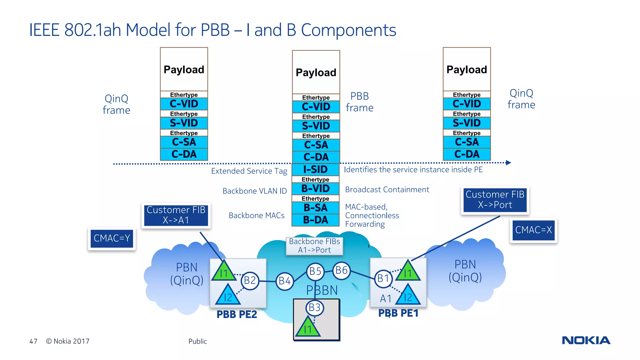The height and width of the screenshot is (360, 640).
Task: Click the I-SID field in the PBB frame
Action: click(x=315, y=169)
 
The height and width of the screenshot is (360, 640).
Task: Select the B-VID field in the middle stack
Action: click(x=315, y=188)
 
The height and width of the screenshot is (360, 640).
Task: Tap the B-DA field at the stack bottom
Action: click(x=315, y=220)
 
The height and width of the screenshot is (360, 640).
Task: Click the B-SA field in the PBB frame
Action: click(x=315, y=207)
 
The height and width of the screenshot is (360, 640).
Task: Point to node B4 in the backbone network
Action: click(x=284, y=281)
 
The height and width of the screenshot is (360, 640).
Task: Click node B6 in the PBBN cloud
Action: click(x=341, y=270)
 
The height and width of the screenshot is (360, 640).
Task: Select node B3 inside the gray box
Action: click(x=314, y=307)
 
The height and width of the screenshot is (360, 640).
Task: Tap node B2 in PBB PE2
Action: click(x=250, y=280)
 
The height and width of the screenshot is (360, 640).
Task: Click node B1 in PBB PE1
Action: click(x=383, y=278)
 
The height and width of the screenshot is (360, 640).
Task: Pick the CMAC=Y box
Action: click(x=112, y=238)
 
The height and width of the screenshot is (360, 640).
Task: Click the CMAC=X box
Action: click(x=533, y=230)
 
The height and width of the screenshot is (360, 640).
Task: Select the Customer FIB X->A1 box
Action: click(x=176, y=215)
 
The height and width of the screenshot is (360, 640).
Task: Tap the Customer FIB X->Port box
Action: click(x=495, y=200)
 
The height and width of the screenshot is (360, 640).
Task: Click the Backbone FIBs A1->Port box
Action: click(x=314, y=246)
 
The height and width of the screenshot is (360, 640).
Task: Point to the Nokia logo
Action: click(x=586, y=340)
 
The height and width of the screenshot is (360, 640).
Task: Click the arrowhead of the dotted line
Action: click(x=508, y=162)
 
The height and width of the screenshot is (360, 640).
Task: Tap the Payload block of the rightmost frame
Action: click(x=467, y=69)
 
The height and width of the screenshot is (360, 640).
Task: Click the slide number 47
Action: click(x=33, y=341)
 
